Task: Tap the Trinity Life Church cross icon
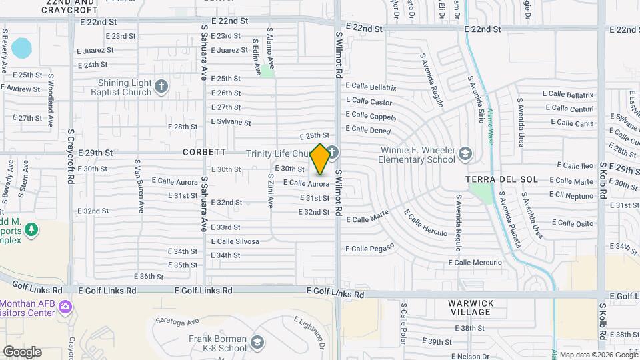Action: coord(331,151)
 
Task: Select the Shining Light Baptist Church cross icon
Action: coord(161,86)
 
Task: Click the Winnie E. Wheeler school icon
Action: coord(464,155)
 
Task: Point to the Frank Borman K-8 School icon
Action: coord(257,343)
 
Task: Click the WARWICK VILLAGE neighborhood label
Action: coord(471,308)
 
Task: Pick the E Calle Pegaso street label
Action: coord(371,247)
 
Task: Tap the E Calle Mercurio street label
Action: coord(475,263)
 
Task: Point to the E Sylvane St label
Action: coord(231,123)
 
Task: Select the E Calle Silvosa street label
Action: coord(235,241)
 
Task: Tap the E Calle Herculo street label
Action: coord(426,221)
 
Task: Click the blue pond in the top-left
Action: coord(22,48)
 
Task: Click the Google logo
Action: coord(22,351)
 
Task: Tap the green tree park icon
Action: coord(31,230)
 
